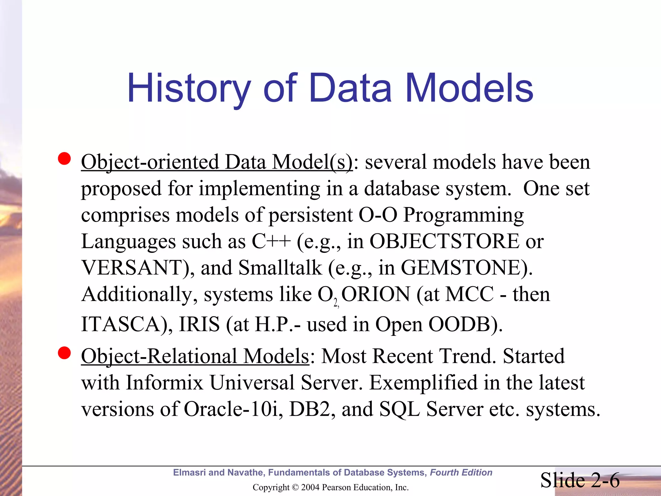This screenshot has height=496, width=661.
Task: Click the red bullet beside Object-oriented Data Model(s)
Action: tap(65, 159)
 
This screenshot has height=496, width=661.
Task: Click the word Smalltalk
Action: tap(280, 268)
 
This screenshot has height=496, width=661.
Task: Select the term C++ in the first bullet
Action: tap(271, 241)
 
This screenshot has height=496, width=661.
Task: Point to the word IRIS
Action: tap(199, 324)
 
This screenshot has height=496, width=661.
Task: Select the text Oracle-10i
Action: tap(231, 409)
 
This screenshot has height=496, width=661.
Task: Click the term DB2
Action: tap(310, 409)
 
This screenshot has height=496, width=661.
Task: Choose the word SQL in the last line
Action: tap(399, 409)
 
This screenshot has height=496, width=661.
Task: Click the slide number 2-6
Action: tap(605, 480)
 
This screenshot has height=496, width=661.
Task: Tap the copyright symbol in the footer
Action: tap(295, 487)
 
